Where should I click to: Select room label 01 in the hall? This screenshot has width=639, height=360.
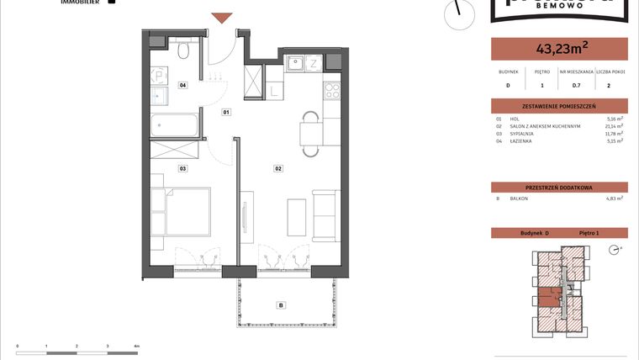point(226,112)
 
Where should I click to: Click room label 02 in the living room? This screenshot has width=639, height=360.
point(277,168)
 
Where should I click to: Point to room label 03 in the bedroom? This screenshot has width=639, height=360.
point(182,168)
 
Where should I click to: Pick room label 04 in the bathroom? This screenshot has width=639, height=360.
point(182,85)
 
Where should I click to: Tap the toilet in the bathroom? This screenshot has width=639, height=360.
point(183,51)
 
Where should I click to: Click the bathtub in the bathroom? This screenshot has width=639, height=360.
point(175,127)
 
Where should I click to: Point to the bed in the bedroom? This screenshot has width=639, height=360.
point(187,210)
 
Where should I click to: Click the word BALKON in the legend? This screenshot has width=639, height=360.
point(519,198)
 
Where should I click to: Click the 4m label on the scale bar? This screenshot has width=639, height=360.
point(136,346)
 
